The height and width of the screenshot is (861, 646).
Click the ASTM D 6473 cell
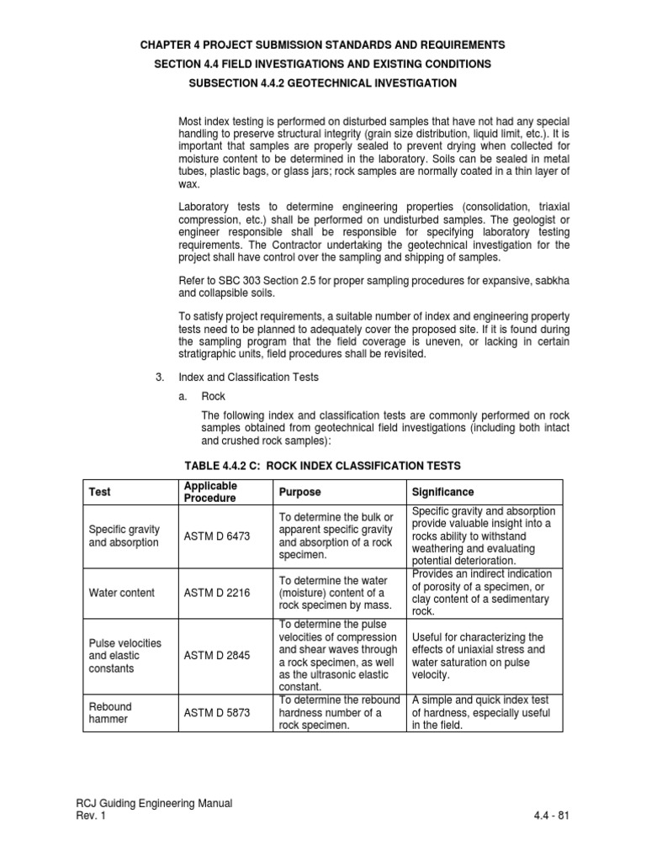[x=216, y=536]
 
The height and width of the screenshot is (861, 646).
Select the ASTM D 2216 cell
[x=216, y=593]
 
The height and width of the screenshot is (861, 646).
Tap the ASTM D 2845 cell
[x=216, y=655]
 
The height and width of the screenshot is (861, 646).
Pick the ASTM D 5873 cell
[x=216, y=713]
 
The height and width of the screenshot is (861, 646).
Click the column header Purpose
[x=299, y=492]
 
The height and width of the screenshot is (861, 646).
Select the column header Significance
[x=442, y=492]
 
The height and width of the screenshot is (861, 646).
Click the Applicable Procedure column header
[x=210, y=492]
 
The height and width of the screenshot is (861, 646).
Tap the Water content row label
[x=122, y=593]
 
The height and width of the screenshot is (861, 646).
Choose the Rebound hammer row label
[x=110, y=713]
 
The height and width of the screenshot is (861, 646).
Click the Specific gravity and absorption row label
[x=123, y=536]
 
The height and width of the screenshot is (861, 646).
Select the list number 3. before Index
[x=161, y=378]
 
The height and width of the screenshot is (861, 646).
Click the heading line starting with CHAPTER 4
[x=323, y=44]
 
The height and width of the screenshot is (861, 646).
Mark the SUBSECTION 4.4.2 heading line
[x=323, y=83]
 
